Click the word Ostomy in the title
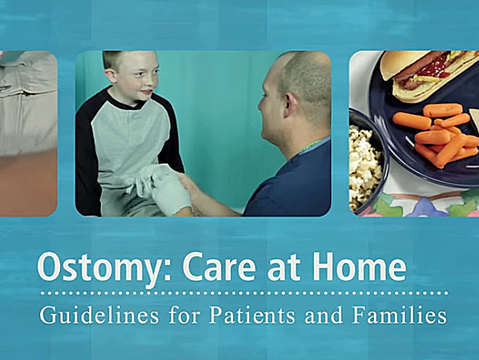(x=92, y=268)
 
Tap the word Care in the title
(x=216, y=268)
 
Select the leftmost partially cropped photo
(x=28, y=133)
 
